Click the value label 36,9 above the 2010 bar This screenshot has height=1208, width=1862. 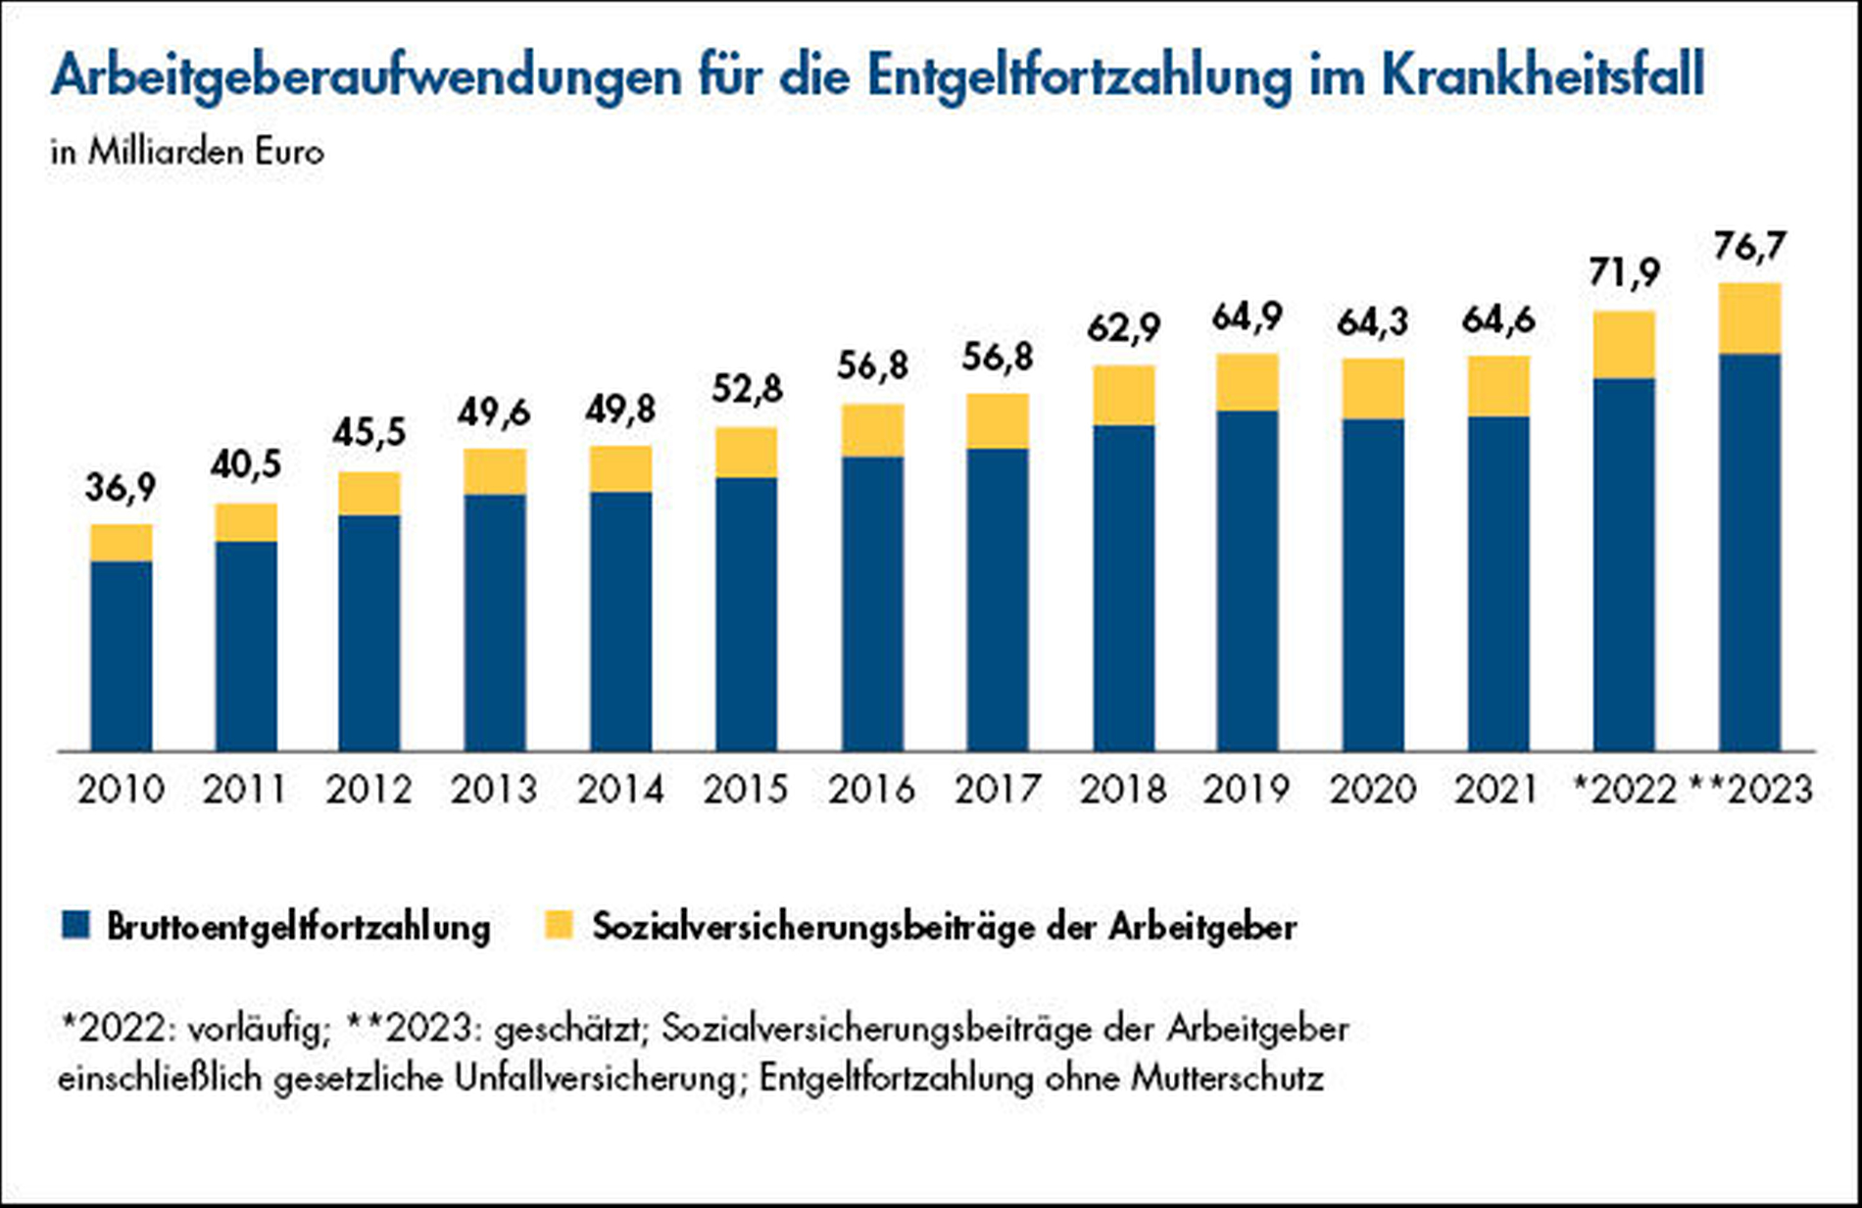121,487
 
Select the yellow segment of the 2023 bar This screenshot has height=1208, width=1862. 1749,318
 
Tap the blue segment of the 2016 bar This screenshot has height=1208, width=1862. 872,603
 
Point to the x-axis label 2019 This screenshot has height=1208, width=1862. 1247,790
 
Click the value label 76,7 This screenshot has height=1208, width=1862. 1749,247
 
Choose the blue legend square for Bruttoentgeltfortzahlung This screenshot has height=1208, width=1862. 75,925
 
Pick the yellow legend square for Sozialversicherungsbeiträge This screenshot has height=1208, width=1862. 559,925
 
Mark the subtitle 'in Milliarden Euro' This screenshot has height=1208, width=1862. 187,153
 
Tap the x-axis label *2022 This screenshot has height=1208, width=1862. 1624,790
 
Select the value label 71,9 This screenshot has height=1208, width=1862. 1624,273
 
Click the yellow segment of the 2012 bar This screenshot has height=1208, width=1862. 369,494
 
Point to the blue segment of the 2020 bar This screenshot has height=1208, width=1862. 1373,585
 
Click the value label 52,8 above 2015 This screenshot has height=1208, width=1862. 747,390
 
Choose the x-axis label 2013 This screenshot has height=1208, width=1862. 495,790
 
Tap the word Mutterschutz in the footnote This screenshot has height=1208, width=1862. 1227,1079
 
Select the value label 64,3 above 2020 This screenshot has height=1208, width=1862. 1373,321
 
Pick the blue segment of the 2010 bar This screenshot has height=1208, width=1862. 121,656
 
